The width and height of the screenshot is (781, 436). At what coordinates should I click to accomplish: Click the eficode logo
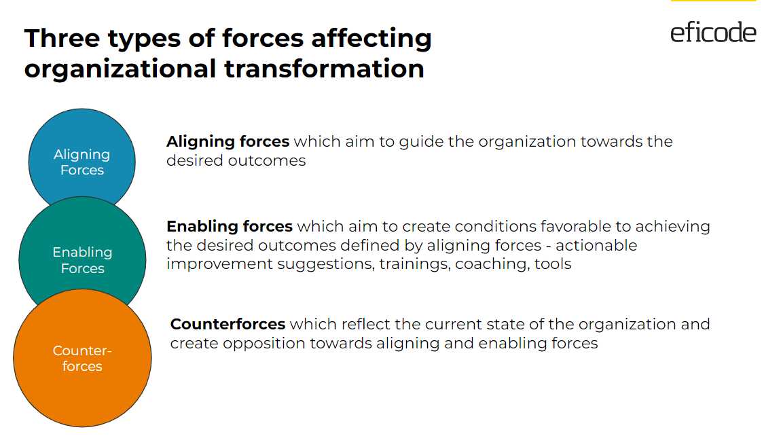[713, 32]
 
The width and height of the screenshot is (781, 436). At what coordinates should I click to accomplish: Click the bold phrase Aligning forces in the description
[228, 142]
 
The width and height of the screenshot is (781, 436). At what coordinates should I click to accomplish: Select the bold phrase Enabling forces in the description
[230, 226]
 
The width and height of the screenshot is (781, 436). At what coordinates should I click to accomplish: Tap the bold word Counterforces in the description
[228, 324]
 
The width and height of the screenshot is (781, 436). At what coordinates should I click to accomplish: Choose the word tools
[553, 264]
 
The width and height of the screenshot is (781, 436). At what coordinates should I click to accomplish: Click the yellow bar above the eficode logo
[713, 1]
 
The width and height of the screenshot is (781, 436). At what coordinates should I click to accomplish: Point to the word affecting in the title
[371, 38]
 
